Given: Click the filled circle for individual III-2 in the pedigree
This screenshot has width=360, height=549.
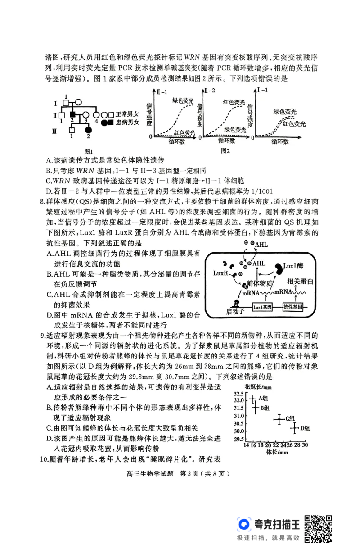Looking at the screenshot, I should pos(88,131).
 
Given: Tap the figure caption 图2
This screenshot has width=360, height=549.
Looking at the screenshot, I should pos(225,151).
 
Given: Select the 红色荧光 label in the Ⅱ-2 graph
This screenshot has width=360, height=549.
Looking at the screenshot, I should pos(234,102).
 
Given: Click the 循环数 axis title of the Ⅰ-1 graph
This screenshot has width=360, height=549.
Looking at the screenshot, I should pos(279,142).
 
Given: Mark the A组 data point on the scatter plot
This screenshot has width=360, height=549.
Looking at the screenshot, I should pos(253,399).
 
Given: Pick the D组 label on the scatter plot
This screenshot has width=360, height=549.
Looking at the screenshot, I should pos(305,428).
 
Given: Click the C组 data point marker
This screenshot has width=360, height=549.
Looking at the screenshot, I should pos(279,419).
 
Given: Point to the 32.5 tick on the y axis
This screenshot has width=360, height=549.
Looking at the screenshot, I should pos(238,394).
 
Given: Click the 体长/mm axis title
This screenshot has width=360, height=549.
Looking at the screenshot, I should pos(276,452).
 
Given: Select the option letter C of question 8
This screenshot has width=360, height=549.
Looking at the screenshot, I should pos(49,295).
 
